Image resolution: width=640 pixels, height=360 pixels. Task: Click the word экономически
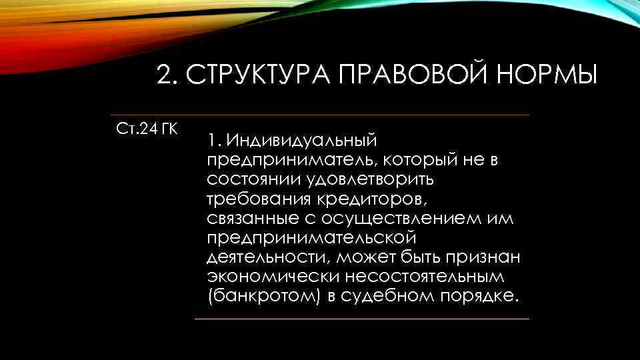point(266,277)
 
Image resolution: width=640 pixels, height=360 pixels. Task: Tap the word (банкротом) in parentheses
point(265,296)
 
